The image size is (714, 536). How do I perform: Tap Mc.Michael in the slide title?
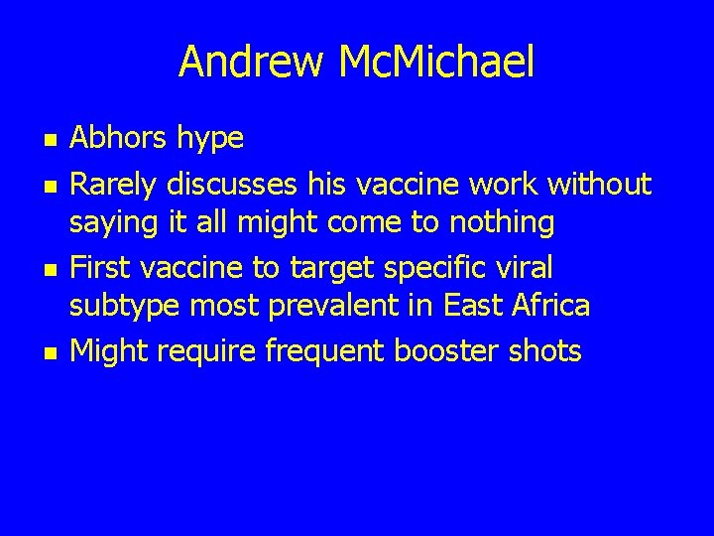(435, 62)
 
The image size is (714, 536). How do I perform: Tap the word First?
(98, 267)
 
